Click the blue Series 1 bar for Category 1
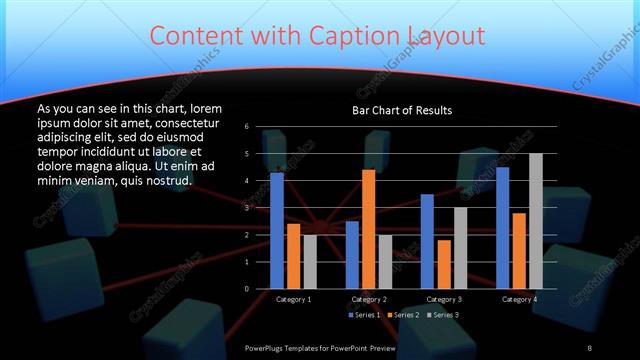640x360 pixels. (277, 231)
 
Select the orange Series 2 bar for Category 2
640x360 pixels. (368, 229)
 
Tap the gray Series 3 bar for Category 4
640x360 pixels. (535, 221)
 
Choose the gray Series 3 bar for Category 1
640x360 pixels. (310, 262)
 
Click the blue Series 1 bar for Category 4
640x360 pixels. (502, 228)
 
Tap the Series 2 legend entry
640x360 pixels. (403, 315)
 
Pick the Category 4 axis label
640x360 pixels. (518, 299)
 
